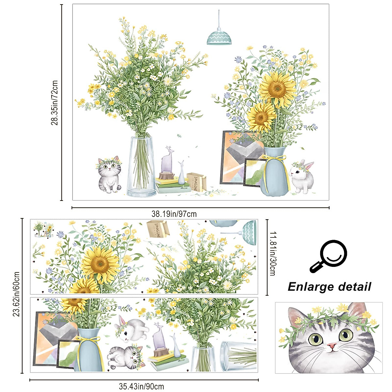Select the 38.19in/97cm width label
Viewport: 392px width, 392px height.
click(174, 214)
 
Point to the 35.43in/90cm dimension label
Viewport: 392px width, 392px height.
click(141, 387)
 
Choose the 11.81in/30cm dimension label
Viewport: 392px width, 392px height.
click(272, 253)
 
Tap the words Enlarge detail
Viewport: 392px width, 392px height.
click(329, 287)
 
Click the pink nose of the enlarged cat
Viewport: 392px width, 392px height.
click(332, 346)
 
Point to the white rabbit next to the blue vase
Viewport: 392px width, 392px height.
click(302, 176)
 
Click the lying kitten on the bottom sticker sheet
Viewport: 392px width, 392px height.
click(126, 357)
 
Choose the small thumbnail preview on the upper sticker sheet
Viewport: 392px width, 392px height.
click(44, 230)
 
